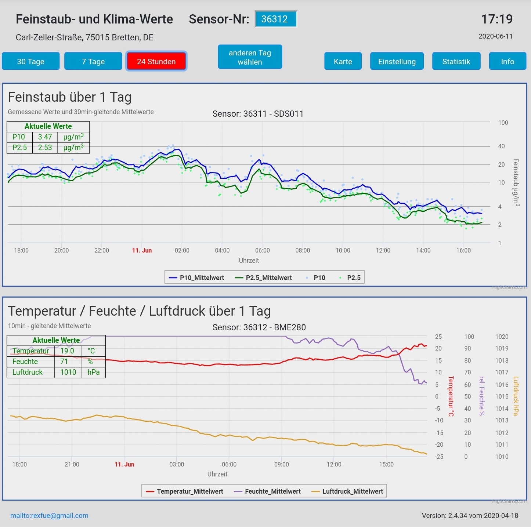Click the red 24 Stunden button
tap(156, 61)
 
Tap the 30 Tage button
tap(31, 61)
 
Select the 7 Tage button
tap(93, 61)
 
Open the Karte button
tap(343, 61)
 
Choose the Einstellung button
tap(397, 61)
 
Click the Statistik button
tap(456, 61)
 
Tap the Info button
tap(507, 61)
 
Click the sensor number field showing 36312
tap(275, 19)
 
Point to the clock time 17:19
tap(497, 19)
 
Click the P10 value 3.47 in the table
tap(45, 137)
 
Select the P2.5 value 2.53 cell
tap(45, 148)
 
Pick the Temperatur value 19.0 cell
tap(67, 351)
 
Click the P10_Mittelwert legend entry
tap(197, 278)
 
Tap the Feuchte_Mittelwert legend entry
tap(268, 491)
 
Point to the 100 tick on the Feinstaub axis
tap(503, 123)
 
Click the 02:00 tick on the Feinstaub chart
tap(182, 250)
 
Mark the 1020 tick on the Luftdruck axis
tap(502, 337)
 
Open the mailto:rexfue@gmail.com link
tap(49, 515)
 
